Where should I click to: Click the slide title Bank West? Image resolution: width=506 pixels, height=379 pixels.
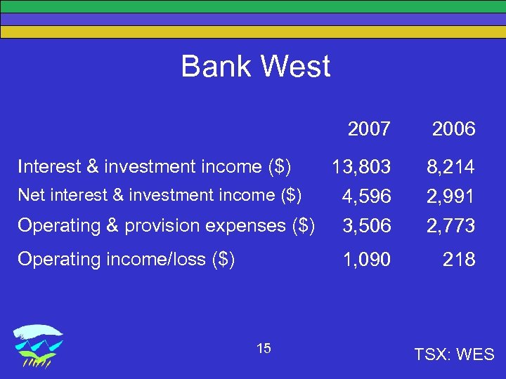(x=255, y=67)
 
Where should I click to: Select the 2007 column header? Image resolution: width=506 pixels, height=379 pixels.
(x=369, y=129)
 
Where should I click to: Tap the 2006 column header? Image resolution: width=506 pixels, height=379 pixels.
(x=453, y=129)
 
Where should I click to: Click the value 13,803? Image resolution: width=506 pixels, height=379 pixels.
(x=361, y=167)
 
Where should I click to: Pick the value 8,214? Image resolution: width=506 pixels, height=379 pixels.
(x=450, y=167)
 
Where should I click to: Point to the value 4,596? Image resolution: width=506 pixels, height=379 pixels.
(x=366, y=197)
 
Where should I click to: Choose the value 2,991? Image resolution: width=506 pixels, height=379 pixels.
(x=450, y=197)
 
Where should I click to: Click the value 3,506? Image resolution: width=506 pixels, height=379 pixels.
(x=366, y=226)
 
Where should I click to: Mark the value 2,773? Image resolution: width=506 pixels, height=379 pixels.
(x=450, y=226)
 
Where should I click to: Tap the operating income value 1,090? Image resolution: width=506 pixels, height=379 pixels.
(x=366, y=260)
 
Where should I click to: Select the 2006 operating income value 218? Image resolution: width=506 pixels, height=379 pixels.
(x=459, y=260)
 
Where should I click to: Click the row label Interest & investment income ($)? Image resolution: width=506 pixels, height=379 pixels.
(x=155, y=166)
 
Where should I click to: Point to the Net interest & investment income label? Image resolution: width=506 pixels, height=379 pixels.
(x=160, y=194)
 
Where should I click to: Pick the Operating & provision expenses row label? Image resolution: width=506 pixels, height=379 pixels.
(x=166, y=225)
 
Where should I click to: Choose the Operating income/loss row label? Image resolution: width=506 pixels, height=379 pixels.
(x=126, y=259)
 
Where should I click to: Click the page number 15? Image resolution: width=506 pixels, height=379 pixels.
(x=264, y=349)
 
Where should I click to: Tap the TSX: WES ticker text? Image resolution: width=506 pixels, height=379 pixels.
(x=455, y=354)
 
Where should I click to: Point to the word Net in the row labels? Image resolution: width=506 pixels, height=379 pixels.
(x=30, y=194)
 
